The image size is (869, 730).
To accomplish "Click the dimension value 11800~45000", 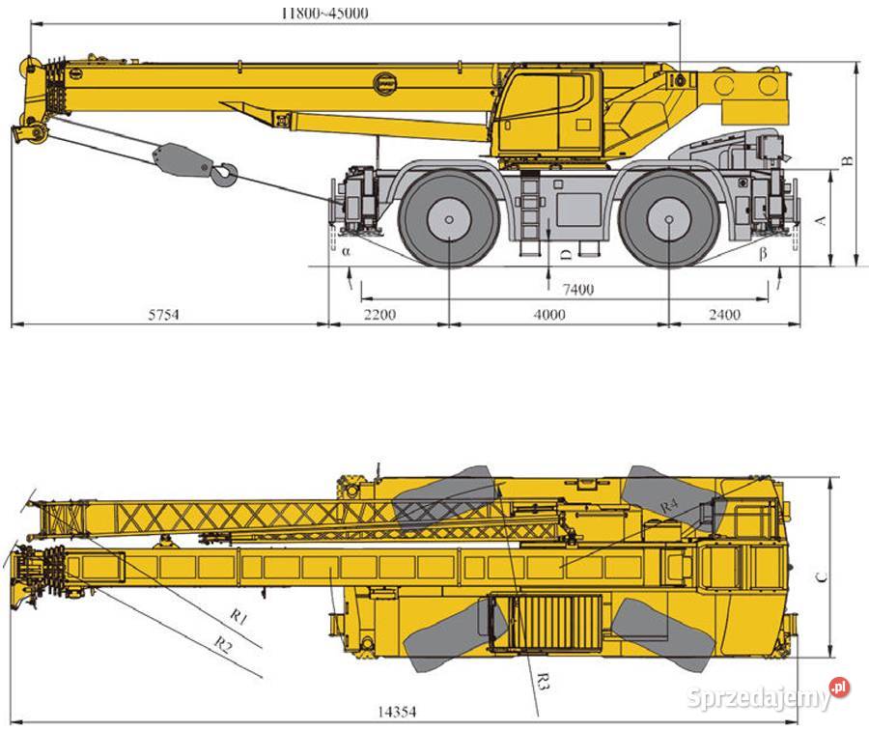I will [324, 13].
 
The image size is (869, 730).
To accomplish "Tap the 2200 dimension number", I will [380, 315].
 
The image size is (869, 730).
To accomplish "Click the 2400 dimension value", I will [724, 315].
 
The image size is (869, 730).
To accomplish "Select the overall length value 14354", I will [396, 712].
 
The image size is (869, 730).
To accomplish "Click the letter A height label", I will [821, 220].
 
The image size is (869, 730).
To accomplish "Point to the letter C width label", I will [820, 577].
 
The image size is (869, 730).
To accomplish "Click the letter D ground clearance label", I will [566, 254].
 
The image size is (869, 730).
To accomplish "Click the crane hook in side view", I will [224, 175].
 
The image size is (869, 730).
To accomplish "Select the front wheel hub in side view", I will [449, 219].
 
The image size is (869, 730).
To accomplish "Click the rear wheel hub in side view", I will [669, 219].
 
